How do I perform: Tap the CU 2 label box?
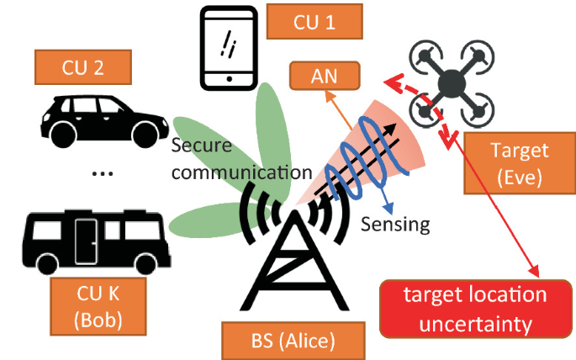tap(83, 68)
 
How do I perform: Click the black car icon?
tap(98, 119)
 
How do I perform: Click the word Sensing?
tap(395, 225)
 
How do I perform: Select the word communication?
tap(240, 173)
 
